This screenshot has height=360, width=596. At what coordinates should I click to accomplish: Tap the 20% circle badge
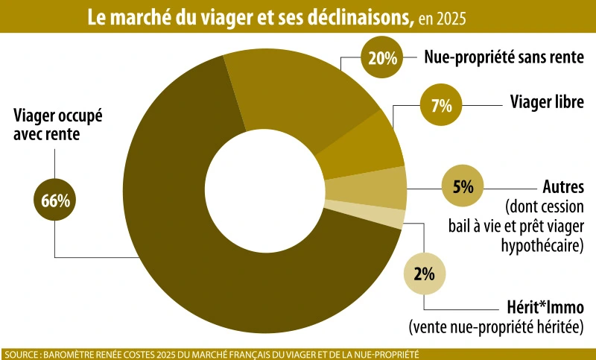click(x=381, y=58)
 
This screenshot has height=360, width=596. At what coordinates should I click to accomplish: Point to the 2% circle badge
click(x=424, y=273)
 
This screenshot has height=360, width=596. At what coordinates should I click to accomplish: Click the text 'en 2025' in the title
click(x=445, y=18)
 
